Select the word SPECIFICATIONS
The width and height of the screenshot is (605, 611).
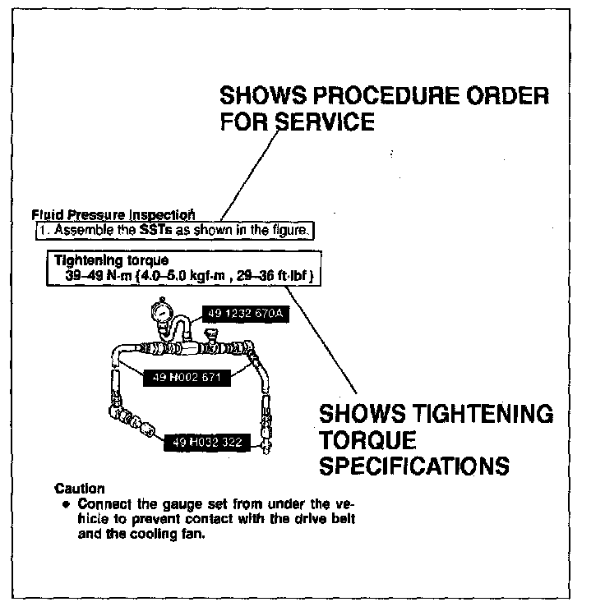(413, 466)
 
